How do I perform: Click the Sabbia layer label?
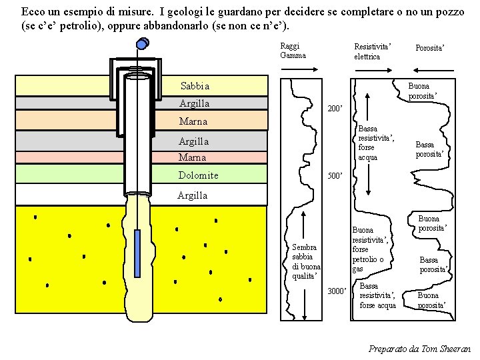[195, 86]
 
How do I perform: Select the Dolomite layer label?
[198, 175]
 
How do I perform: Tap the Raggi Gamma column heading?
[293, 51]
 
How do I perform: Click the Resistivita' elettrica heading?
[372, 51]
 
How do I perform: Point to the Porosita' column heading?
[429, 47]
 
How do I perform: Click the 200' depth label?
[333, 108]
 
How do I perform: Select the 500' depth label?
[333, 177]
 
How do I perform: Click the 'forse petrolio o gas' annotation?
[368, 259]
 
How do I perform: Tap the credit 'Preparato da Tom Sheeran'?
[420, 349]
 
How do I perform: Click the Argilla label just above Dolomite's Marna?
[193, 141]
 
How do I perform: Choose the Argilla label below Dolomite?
[192, 195]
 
